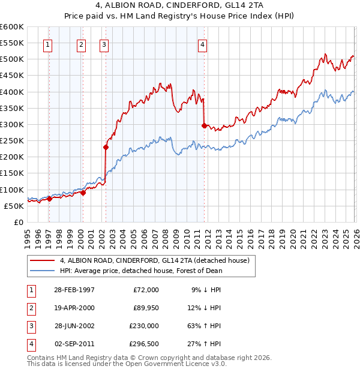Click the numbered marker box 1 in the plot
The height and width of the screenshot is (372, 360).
tap(47, 44)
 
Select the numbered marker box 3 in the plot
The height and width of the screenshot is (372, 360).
tap(104, 44)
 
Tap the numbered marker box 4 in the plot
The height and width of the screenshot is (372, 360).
tap(203, 44)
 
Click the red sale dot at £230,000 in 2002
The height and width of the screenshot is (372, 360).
tap(106, 147)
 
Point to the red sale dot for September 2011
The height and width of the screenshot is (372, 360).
tap(204, 125)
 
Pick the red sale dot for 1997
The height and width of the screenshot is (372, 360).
tap(50, 199)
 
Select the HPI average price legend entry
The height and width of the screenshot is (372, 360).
tap(141, 271)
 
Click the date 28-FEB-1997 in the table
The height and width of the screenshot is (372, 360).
tap(74, 289)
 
